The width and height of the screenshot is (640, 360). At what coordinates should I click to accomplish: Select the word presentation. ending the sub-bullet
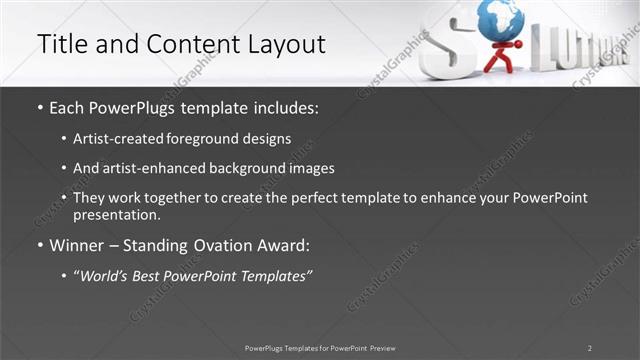point(117,214)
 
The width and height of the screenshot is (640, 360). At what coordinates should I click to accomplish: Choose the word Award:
point(285,246)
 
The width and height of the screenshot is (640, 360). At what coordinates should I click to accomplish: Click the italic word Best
point(149,276)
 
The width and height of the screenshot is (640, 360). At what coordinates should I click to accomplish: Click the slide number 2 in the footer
point(590,348)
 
